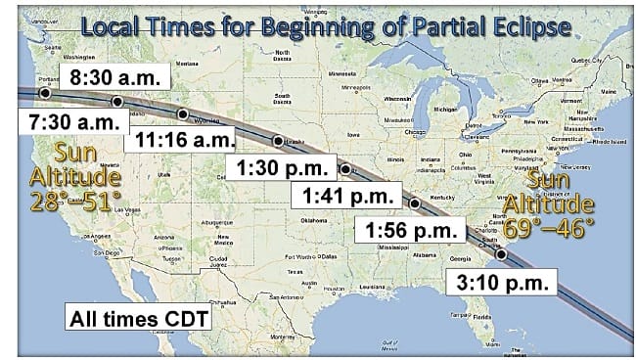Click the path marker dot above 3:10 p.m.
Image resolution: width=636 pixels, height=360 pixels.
pos(502,255)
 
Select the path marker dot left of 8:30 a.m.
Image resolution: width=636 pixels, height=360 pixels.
pos(44,92)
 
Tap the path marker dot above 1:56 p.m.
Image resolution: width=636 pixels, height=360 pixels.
pos(415,204)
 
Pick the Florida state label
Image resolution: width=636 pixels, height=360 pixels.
pos(481,317)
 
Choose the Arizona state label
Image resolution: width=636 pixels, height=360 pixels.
pos(163,236)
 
